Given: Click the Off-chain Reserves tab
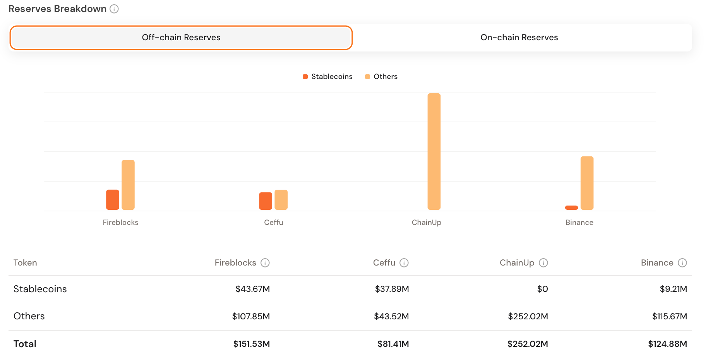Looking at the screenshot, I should (181, 38).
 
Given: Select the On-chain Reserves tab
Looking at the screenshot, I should (519, 38).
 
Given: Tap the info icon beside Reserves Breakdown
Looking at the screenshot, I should (114, 9).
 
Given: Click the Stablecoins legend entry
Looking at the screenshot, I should (327, 77).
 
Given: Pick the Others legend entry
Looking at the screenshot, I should (381, 77).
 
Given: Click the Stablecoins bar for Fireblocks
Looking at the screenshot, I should (113, 200).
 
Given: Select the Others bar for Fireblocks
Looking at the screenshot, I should (128, 185).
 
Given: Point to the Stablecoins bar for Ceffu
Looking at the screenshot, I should (266, 201).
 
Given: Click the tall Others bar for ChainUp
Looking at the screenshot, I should (434, 152).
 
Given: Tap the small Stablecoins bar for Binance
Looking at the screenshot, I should (571, 208).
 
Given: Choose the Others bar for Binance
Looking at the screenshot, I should (587, 183).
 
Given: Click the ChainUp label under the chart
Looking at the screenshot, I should (426, 223).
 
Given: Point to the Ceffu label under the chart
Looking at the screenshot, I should (273, 223).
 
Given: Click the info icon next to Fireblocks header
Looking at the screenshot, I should (265, 263).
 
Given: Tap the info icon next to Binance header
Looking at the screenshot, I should (682, 263).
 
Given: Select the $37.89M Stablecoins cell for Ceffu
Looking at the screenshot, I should (392, 289).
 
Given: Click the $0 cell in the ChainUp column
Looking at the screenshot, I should (542, 289).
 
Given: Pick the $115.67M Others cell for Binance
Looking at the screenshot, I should (669, 317).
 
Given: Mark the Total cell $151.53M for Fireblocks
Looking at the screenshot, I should (251, 344).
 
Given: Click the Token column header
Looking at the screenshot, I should (25, 263).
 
